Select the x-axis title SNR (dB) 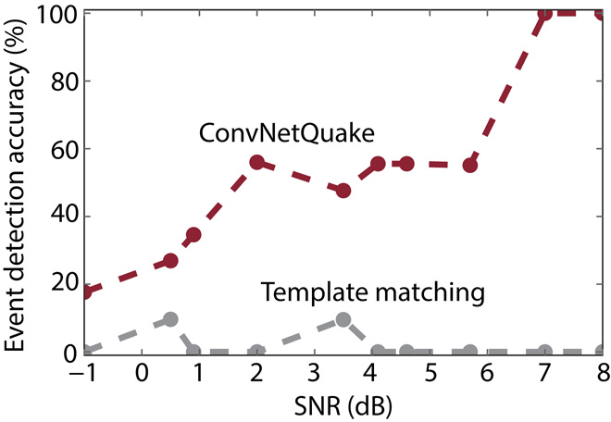(x=343, y=404)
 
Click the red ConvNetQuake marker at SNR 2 (x=257, y=163)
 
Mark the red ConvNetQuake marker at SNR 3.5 (x=343, y=191)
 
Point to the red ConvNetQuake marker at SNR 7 (x=545, y=14)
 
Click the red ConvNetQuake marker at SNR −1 (x=86, y=292)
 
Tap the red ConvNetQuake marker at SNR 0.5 (x=170, y=262)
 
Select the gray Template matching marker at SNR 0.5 (x=170, y=319)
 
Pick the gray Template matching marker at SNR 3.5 (x=343, y=319)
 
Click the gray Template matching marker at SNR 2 (x=257, y=352)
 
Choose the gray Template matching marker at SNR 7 (x=545, y=352)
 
